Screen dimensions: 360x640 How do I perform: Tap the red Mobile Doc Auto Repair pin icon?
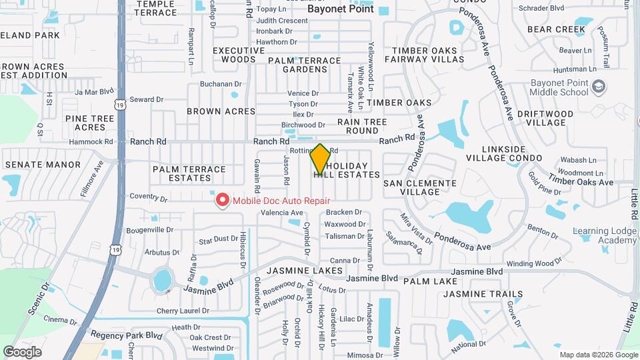click(221, 200)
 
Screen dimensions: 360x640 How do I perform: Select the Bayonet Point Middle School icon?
click(599, 87)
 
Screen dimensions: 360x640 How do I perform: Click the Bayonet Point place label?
click(340, 10)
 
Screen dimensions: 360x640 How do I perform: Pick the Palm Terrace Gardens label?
click(303, 65)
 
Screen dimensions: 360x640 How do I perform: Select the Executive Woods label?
click(239, 55)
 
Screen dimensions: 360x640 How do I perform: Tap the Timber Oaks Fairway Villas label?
click(427, 55)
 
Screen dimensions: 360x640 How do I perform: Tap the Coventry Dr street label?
click(148, 197)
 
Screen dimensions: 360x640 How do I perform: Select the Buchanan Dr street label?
click(221, 84)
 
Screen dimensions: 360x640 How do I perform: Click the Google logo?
click(22, 352)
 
